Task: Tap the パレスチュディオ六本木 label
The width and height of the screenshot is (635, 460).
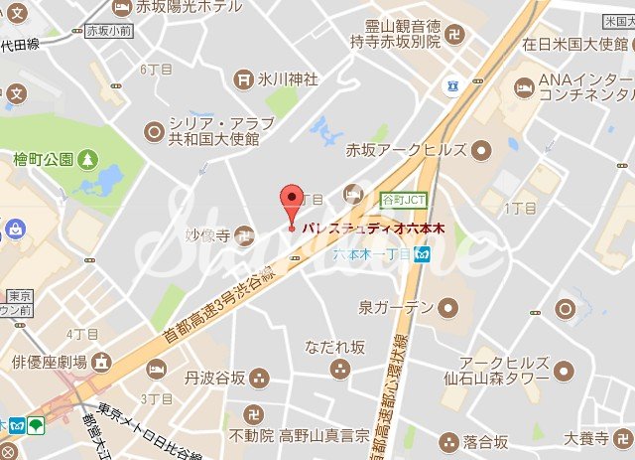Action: click(372, 229)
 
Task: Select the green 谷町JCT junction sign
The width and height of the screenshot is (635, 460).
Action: click(404, 199)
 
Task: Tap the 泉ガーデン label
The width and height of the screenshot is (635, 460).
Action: click(396, 306)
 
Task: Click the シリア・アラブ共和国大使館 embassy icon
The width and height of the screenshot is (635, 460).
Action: click(153, 129)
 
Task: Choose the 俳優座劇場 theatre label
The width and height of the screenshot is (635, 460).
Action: click(51, 362)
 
